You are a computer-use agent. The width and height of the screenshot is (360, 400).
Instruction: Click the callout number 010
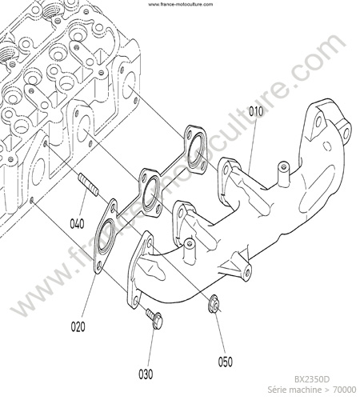(x=256, y=111)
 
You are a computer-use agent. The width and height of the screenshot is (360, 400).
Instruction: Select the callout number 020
(x=78, y=326)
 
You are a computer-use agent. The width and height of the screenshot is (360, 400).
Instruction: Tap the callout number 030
(x=146, y=374)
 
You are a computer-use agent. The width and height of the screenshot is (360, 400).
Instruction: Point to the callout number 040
(x=77, y=223)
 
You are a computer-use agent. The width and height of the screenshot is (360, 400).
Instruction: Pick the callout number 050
(x=226, y=362)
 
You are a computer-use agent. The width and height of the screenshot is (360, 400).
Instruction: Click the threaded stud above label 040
(x=88, y=184)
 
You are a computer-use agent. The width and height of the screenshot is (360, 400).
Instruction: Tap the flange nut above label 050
(x=214, y=304)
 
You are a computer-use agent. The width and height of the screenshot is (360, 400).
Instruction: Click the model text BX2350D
(x=312, y=379)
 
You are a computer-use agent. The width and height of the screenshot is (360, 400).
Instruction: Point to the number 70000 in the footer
(x=345, y=390)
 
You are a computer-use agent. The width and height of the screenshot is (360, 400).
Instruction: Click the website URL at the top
(x=181, y=4)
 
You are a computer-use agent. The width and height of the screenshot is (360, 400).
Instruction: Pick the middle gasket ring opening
(x=150, y=192)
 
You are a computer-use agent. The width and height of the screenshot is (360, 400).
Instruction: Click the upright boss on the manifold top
(x=283, y=173)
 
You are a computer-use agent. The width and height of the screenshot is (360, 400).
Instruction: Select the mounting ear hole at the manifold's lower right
(x=247, y=272)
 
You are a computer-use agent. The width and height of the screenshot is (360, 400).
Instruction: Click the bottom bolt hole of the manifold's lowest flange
(x=136, y=300)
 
